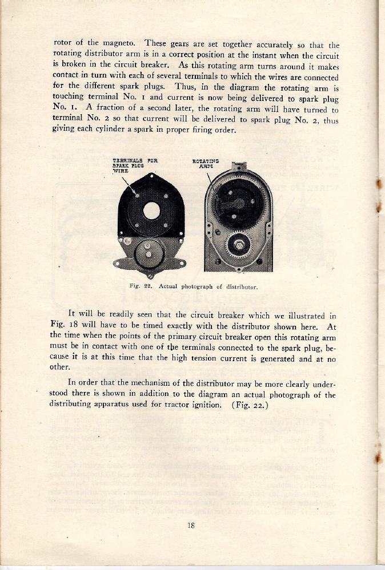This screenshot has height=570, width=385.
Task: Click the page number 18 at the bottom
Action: pos(192,526)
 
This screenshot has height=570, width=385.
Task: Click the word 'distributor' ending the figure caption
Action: pos(245,287)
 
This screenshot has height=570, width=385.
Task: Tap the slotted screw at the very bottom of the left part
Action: pos(150,276)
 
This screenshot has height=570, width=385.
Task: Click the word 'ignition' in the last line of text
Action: pos(205,406)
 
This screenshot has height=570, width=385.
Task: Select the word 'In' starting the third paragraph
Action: pos(71,382)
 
